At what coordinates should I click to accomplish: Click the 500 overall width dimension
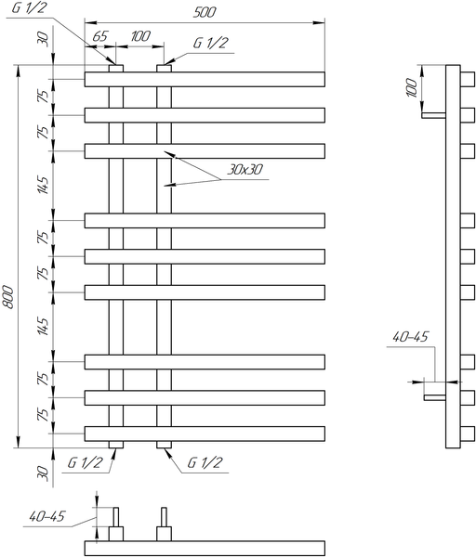(205, 12)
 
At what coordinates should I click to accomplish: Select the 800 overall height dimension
(8, 296)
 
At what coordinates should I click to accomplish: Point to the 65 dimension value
(99, 36)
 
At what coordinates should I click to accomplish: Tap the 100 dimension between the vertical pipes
(140, 36)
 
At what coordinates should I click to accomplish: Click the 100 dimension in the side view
(411, 88)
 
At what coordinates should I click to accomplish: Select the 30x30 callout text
(245, 170)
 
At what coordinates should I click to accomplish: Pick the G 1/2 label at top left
(29, 7)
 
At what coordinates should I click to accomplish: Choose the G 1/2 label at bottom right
(205, 462)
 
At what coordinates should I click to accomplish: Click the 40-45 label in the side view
(410, 337)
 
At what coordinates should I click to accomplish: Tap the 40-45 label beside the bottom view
(47, 516)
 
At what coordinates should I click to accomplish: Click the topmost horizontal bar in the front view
(205, 79)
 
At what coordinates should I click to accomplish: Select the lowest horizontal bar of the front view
(205, 434)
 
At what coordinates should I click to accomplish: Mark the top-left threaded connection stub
(116, 68)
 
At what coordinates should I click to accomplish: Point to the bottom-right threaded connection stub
(164, 445)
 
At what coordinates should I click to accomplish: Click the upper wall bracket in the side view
(433, 115)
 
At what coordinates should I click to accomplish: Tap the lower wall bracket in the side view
(435, 397)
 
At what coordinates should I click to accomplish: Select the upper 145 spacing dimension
(43, 185)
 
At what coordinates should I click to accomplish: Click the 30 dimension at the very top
(42, 38)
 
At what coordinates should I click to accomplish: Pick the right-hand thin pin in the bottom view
(164, 517)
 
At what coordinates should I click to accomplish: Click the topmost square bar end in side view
(468, 79)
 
